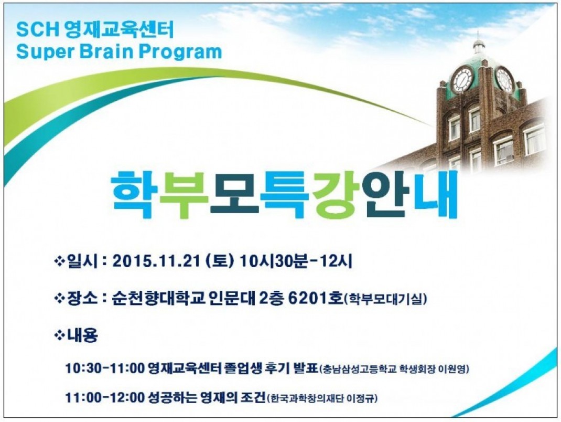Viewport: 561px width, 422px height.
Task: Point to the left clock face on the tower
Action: tap(462, 80)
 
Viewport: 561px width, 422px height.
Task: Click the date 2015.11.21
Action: tap(156, 261)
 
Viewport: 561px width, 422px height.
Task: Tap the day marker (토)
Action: tap(220, 261)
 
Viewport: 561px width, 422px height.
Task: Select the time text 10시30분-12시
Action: tap(296, 261)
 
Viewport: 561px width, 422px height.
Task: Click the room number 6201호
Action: tap(316, 298)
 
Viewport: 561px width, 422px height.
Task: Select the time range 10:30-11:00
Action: tap(104, 368)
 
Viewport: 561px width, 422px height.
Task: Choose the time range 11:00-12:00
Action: tap(104, 397)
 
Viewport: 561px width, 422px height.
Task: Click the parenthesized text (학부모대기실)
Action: tap(385, 299)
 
